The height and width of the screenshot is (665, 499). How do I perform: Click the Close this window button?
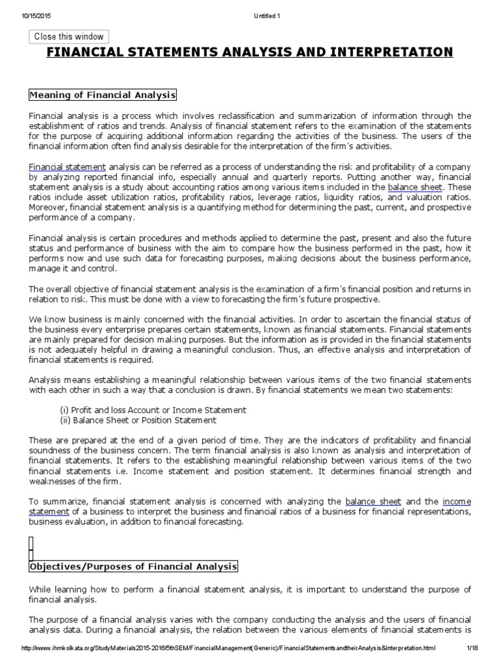click(x=68, y=37)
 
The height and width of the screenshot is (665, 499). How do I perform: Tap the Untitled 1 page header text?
click(x=249, y=7)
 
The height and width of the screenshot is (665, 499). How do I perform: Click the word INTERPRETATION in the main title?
click(x=389, y=52)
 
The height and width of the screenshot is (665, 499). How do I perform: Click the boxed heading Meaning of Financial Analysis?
click(x=103, y=95)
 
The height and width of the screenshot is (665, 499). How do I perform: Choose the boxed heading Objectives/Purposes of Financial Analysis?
click(x=133, y=567)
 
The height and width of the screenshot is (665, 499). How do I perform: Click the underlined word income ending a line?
click(x=457, y=502)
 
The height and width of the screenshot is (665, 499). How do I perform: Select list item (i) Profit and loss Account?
click(x=153, y=410)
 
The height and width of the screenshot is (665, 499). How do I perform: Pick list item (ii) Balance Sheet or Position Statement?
click(x=138, y=420)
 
